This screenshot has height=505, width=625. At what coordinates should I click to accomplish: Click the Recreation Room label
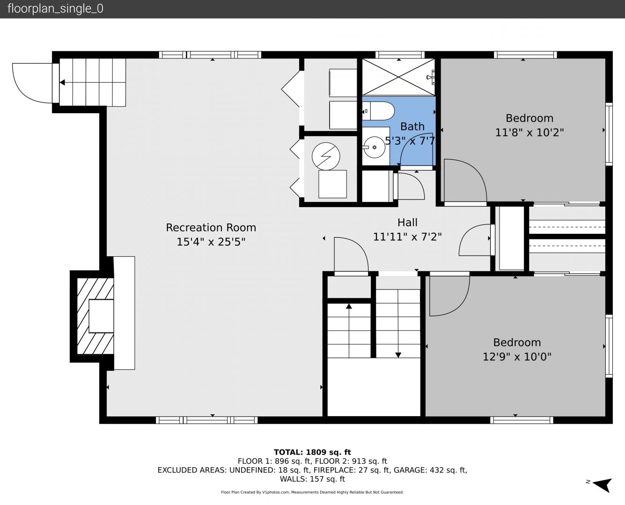click(x=211, y=227)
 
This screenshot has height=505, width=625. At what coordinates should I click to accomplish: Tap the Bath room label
click(x=412, y=127)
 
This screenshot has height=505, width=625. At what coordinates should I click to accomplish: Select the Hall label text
click(x=407, y=223)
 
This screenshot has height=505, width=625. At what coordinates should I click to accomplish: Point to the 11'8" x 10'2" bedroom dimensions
click(x=529, y=132)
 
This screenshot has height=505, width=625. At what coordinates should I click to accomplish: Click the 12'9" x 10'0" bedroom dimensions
click(x=517, y=357)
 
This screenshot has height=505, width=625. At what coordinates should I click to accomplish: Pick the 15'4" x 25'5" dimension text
click(x=211, y=242)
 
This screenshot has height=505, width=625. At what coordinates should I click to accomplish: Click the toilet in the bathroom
click(x=378, y=111)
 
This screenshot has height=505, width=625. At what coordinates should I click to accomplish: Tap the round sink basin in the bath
click(x=374, y=147)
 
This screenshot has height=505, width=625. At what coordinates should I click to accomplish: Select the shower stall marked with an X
click(x=398, y=77)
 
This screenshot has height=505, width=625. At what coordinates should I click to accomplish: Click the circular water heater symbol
click(x=326, y=156)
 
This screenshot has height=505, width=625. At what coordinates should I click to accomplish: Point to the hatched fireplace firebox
click(x=96, y=316)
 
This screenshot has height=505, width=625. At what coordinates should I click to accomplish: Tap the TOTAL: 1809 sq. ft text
click(x=312, y=452)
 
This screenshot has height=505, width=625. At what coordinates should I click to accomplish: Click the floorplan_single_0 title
click(x=55, y=9)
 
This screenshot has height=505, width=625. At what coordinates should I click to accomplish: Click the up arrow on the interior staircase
click(x=349, y=331)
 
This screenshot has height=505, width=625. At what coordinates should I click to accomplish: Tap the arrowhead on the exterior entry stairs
click(x=62, y=82)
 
